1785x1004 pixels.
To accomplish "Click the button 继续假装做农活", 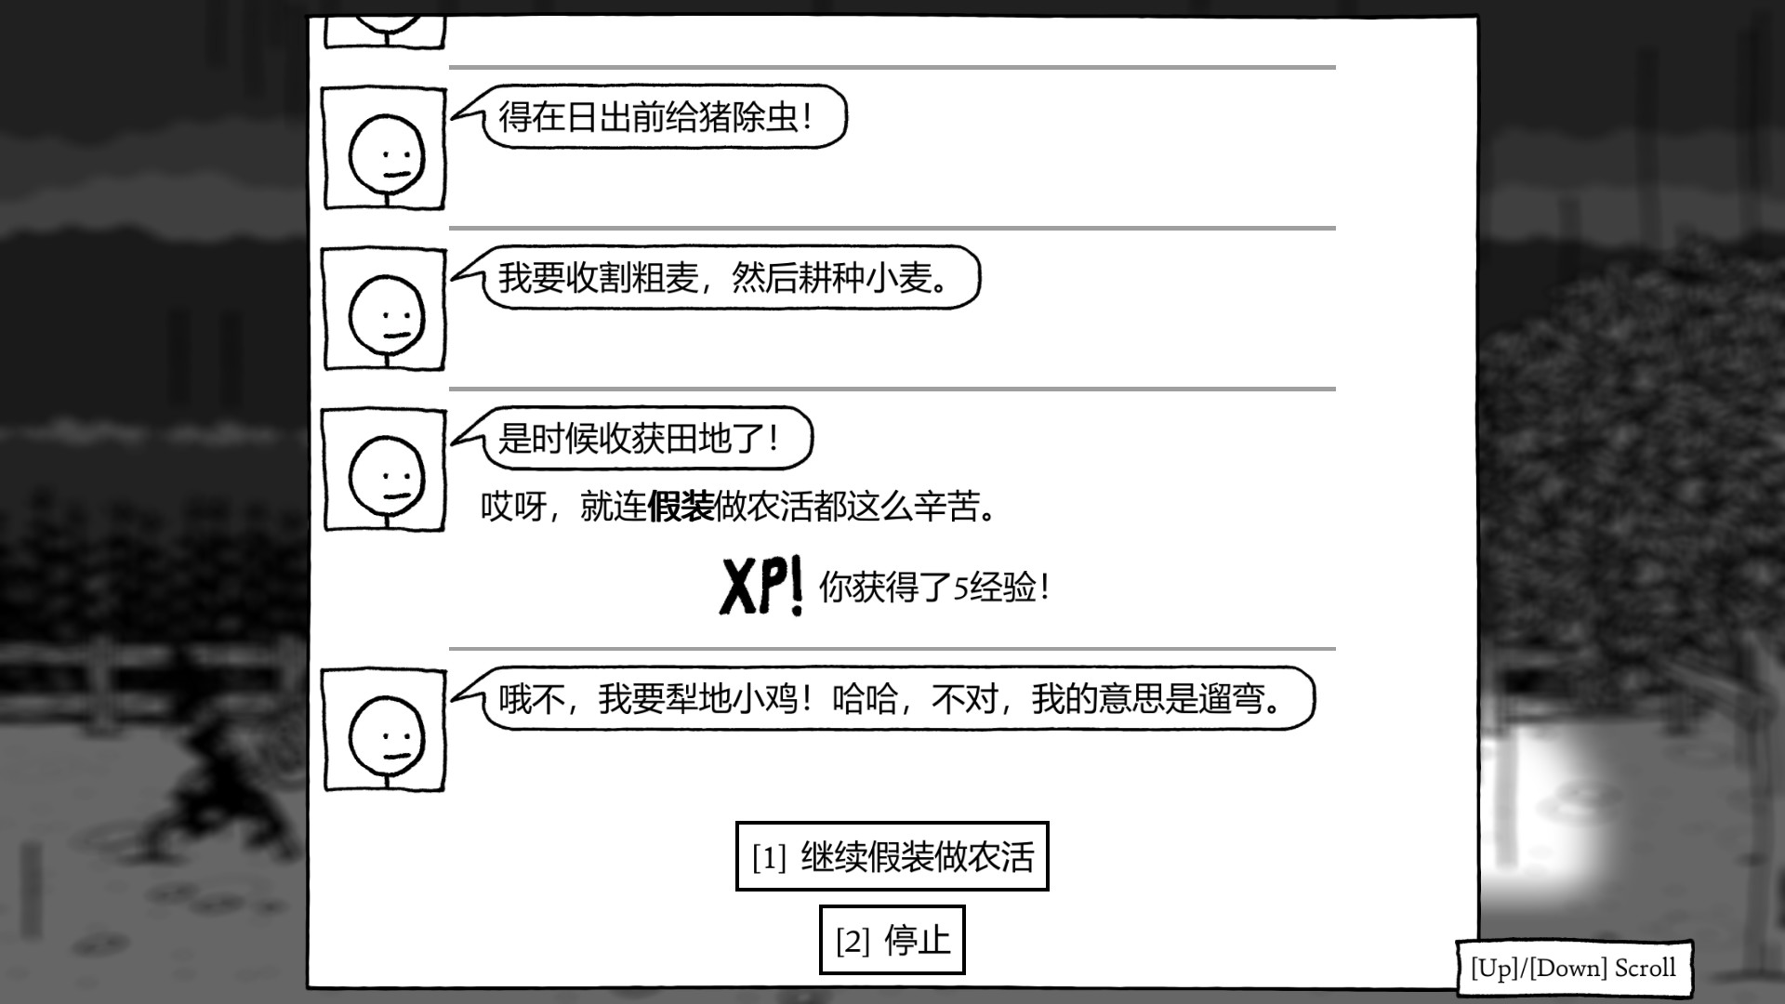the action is [892, 856].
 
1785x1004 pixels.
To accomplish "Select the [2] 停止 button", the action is [892, 940].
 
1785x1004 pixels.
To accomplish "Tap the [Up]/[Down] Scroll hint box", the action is [1574, 968].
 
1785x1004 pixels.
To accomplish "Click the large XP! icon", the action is [761, 587].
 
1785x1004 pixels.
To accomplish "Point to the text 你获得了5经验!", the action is [934, 588].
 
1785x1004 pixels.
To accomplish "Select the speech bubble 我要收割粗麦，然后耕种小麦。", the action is [716, 277].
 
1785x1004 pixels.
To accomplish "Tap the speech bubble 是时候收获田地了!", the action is [632, 438].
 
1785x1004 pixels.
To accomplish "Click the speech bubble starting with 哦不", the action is [883, 698].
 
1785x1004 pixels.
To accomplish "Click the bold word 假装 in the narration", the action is [681, 507].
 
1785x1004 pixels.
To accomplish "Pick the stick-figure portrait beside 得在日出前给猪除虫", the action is [384, 149].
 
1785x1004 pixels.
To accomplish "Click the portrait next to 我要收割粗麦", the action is [384, 310].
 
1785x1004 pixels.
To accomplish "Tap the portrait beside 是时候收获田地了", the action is [384, 470].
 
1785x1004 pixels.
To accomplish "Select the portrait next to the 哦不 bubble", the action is [384, 731].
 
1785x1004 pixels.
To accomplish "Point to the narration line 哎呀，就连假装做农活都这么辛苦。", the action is [739, 507].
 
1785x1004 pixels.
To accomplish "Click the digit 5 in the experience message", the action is [961, 588].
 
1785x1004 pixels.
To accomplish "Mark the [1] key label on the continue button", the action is [769, 857].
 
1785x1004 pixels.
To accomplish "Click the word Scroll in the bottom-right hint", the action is [1645, 968].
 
